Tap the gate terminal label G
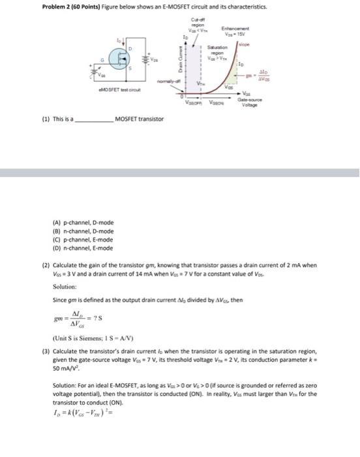click(102, 61)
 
